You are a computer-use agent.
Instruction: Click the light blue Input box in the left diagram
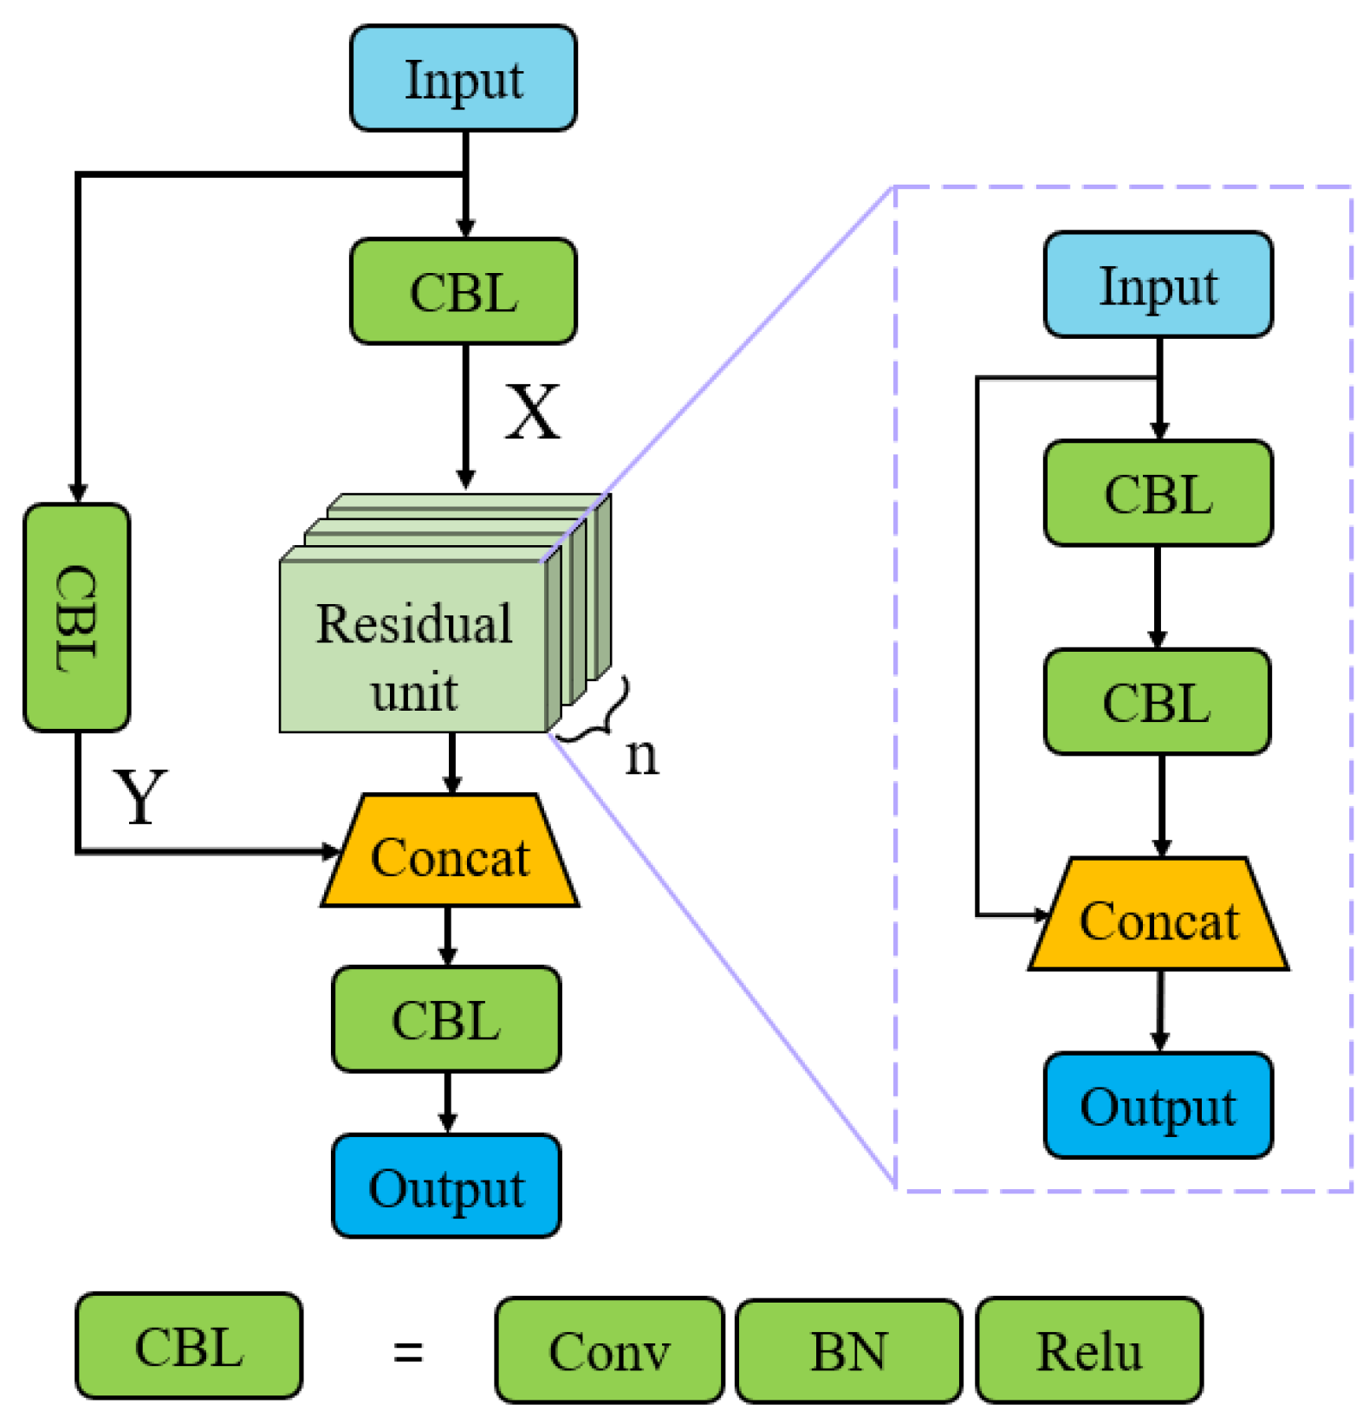coord(463,79)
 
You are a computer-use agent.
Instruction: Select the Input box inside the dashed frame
coord(1158,285)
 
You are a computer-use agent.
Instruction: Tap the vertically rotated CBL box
coord(77,617)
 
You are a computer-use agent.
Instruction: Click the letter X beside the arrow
coord(532,412)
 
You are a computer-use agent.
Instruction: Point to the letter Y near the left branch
coord(140,796)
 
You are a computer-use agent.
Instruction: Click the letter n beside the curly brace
coord(641,756)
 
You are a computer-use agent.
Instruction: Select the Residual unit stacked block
coord(414,646)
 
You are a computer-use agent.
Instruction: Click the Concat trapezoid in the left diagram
coord(450,855)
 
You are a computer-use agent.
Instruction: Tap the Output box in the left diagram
coord(446,1186)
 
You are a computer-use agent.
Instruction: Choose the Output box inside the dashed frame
coord(1158,1106)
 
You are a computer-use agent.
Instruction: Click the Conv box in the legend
coord(609,1350)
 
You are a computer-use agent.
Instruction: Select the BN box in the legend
coord(848,1350)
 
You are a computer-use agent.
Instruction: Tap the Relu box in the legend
coord(1089,1350)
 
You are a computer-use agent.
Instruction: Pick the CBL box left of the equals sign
coord(189,1346)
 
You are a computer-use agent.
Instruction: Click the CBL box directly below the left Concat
coord(446,1020)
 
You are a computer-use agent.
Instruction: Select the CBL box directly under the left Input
coord(463,292)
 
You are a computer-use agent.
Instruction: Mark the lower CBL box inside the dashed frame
coord(1157,702)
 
